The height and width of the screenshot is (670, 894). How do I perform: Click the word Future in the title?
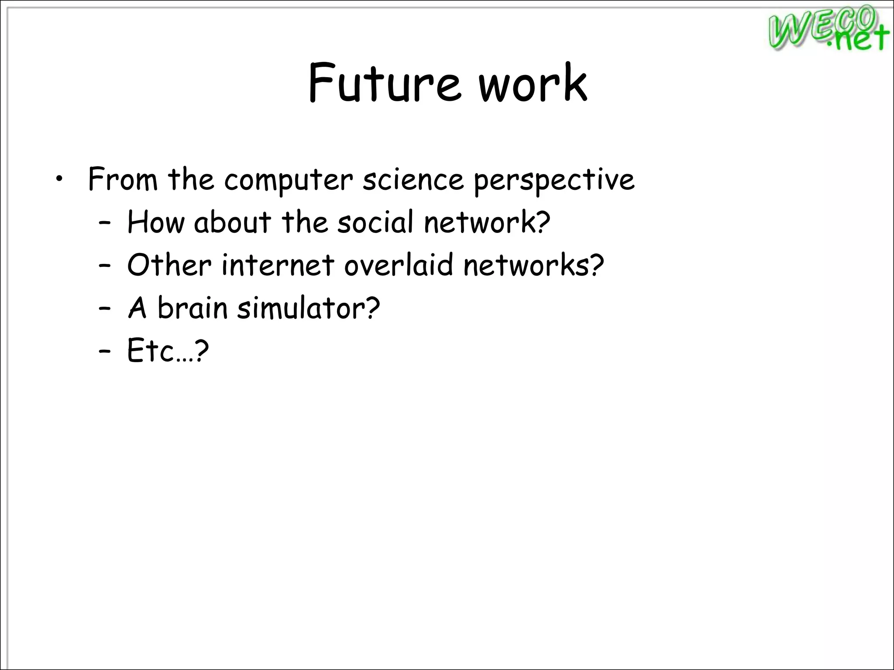click(384, 83)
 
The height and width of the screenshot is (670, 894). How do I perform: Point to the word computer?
click(288, 180)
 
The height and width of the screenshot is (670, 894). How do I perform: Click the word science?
click(413, 179)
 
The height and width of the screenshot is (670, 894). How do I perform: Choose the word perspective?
click(554, 180)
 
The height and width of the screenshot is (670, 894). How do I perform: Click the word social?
click(375, 222)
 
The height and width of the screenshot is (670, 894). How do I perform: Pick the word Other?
click(169, 265)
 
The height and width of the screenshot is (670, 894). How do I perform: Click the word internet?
click(278, 265)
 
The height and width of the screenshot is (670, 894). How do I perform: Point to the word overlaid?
click(399, 265)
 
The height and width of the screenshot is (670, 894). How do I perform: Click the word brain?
click(192, 308)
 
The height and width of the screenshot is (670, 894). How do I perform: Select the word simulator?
click(308, 308)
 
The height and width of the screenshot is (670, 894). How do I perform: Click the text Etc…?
click(168, 350)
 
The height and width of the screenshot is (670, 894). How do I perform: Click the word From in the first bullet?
click(123, 179)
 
